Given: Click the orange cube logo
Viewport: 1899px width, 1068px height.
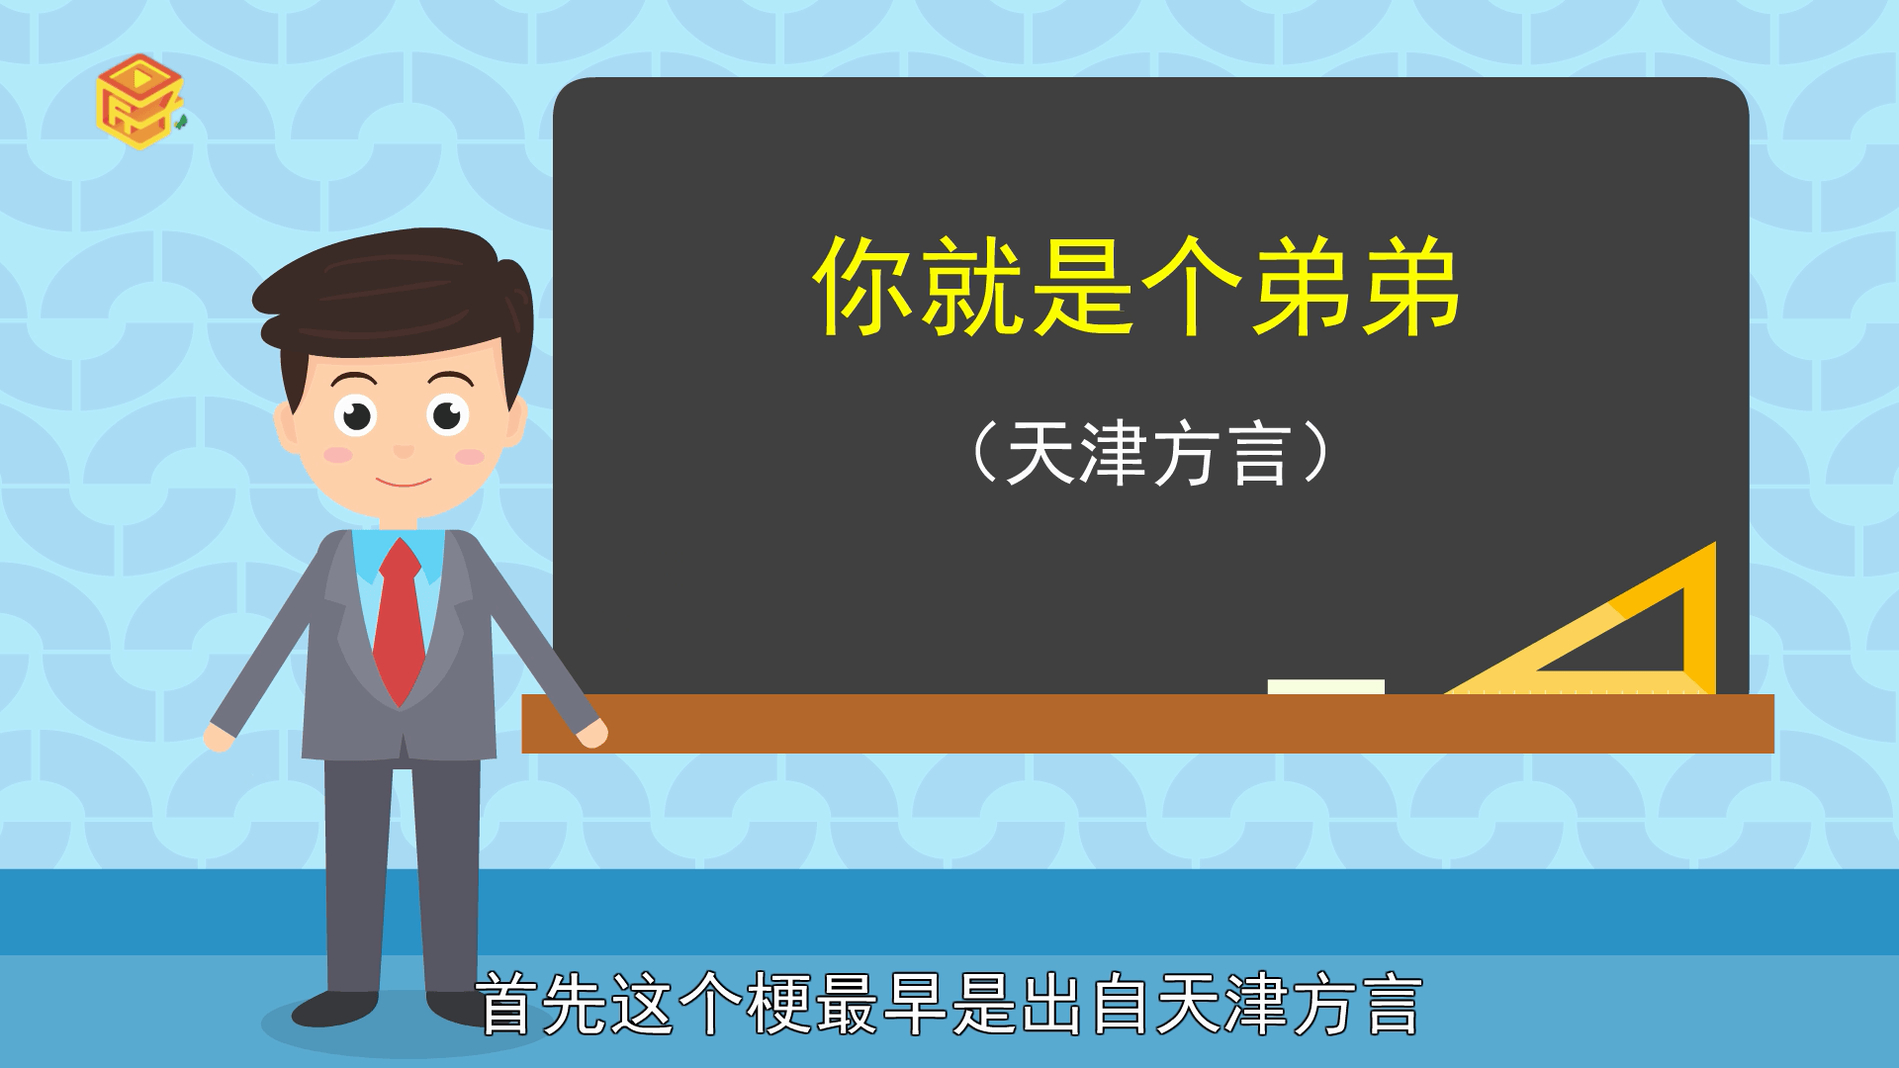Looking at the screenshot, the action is [x=139, y=101].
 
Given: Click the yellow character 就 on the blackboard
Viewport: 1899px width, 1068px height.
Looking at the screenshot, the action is [x=971, y=286].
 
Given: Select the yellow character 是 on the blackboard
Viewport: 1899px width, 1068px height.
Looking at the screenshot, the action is [x=1081, y=286].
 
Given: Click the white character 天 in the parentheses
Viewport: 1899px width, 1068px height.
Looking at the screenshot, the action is [x=1040, y=454].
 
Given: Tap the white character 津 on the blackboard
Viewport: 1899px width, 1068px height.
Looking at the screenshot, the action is [x=1114, y=454].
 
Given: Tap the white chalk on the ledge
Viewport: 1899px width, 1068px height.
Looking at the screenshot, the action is [x=1325, y=686].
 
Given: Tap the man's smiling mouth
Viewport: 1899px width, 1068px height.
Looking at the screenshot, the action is [x=403, y=482].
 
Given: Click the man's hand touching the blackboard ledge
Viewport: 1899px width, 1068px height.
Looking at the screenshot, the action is [x=590, y=734].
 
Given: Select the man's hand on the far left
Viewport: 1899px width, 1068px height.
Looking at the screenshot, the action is [x=220, y=738].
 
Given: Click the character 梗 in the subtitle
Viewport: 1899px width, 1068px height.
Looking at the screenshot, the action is [x=779, y=1004].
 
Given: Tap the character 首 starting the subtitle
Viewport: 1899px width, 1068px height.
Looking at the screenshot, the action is [x=508, y=1004].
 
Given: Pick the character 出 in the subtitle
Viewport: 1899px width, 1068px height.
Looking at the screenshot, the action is [x=1051, y=1004].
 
